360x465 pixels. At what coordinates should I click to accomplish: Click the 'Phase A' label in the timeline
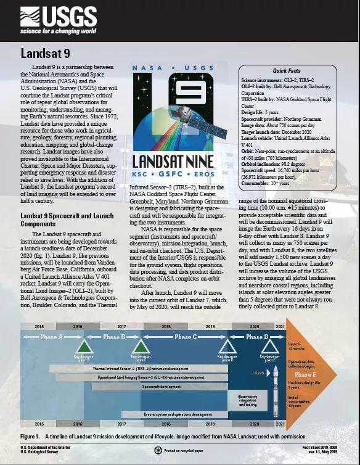[x=51, y=337]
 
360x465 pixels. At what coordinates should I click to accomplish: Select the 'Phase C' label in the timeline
[x=186, y=337]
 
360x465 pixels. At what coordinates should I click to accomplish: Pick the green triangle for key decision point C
[x=140, y=347]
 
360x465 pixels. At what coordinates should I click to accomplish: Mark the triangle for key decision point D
[x=227, y=347]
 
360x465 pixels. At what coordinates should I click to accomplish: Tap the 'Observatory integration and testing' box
[x=247, y=400]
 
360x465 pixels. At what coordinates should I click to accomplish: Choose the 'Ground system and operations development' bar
[x=178, y=414]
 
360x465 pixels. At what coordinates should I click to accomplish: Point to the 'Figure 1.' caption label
[x=31, y=435]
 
